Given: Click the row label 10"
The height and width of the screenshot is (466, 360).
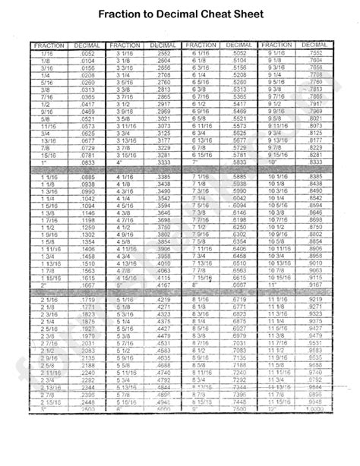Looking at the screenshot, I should [x=271, y=162].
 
